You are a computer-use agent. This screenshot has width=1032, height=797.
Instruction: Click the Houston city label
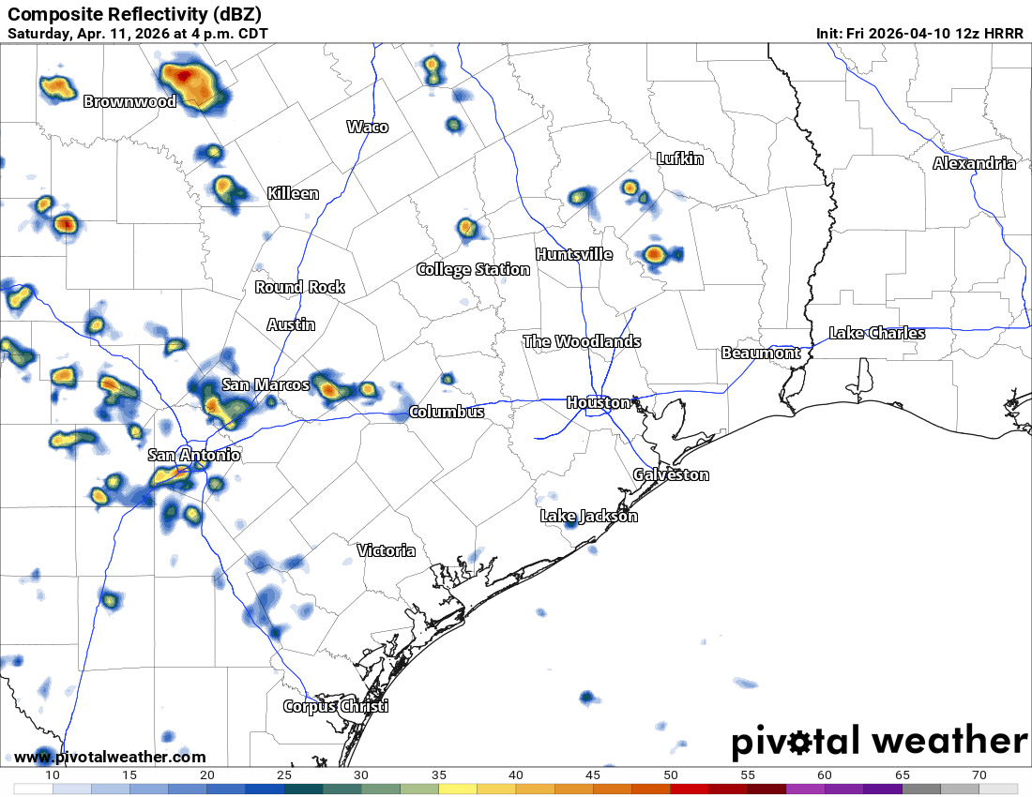click(599, 402)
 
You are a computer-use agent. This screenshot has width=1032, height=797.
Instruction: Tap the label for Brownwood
click(129, 101)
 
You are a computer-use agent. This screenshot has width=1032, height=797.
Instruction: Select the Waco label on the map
click(367, 127)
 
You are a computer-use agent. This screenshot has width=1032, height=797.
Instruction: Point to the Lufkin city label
click(679, 158)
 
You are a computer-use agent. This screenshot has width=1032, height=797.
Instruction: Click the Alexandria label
click(974, 163)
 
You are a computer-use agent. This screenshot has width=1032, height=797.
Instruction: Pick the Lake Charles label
click(876, 333)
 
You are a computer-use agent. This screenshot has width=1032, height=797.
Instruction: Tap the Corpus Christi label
click(336, 706)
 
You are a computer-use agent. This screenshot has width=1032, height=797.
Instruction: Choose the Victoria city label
click(386, 550)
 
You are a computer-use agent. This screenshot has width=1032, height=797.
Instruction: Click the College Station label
click(473, 269)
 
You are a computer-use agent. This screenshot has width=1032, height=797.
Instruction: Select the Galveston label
click(671, 474)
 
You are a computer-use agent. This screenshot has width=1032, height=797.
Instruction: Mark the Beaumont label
click(761, 353)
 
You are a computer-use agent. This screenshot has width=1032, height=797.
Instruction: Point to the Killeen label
click(293, 193)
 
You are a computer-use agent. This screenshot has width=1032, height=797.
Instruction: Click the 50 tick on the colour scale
click(671, 774)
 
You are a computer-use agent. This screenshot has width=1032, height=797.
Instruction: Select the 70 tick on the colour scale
click(979, 774)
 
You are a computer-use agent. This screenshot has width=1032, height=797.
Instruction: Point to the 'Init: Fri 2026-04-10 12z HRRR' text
click(919, 34)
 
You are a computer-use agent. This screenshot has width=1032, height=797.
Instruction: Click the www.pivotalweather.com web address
click(110, 757)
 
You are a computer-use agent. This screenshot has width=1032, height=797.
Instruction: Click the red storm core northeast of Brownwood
click(184, 75)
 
